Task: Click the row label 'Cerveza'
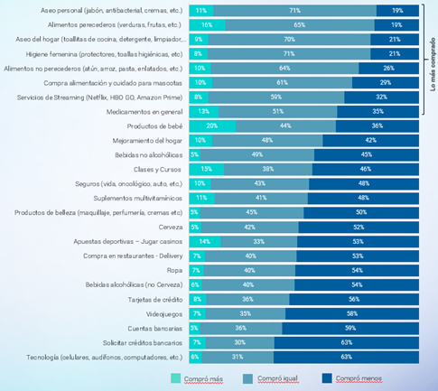click(x=171, y=228)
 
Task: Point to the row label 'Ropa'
click(x=175, y=270)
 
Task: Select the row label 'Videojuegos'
click(x=165, y=313)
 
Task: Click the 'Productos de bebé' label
click(x=155, y=126)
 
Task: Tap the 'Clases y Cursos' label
click(x=160, y=169)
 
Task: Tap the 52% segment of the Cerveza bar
click(x=359, y=228)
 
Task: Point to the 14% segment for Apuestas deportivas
click(x=205, y=242)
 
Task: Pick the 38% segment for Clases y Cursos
click(x=268, y=169)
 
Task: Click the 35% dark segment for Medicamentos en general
click(x=378, y=111)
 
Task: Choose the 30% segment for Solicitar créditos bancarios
click(x=239, y=342)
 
